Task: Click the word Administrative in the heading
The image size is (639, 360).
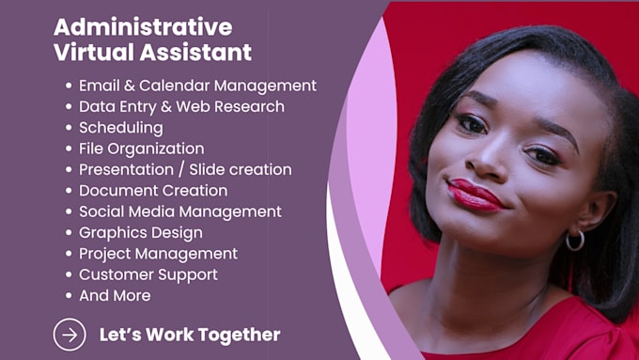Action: pos(143,27)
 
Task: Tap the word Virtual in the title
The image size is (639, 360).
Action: pos(94,53)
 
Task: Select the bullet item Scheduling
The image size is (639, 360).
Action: pos(121,128)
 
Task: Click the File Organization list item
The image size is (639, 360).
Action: pos(141,149)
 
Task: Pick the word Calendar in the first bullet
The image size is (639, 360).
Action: pos(174,86)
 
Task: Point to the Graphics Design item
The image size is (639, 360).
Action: pos(141,233)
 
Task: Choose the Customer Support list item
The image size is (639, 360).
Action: pos(148,274)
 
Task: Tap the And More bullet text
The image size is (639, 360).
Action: pos(115,295)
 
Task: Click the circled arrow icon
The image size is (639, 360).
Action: pos(70,335)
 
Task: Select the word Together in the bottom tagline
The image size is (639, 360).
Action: pos(240,335)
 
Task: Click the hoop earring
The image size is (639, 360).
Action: pos(575,241)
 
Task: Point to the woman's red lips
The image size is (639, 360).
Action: pos(475,196)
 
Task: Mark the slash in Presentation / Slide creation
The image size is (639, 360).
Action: pos(181,170)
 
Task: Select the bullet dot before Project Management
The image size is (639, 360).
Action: pos(69,254)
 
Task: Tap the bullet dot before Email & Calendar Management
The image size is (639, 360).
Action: pos(69,86)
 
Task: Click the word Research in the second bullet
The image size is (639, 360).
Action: pos(249,107)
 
